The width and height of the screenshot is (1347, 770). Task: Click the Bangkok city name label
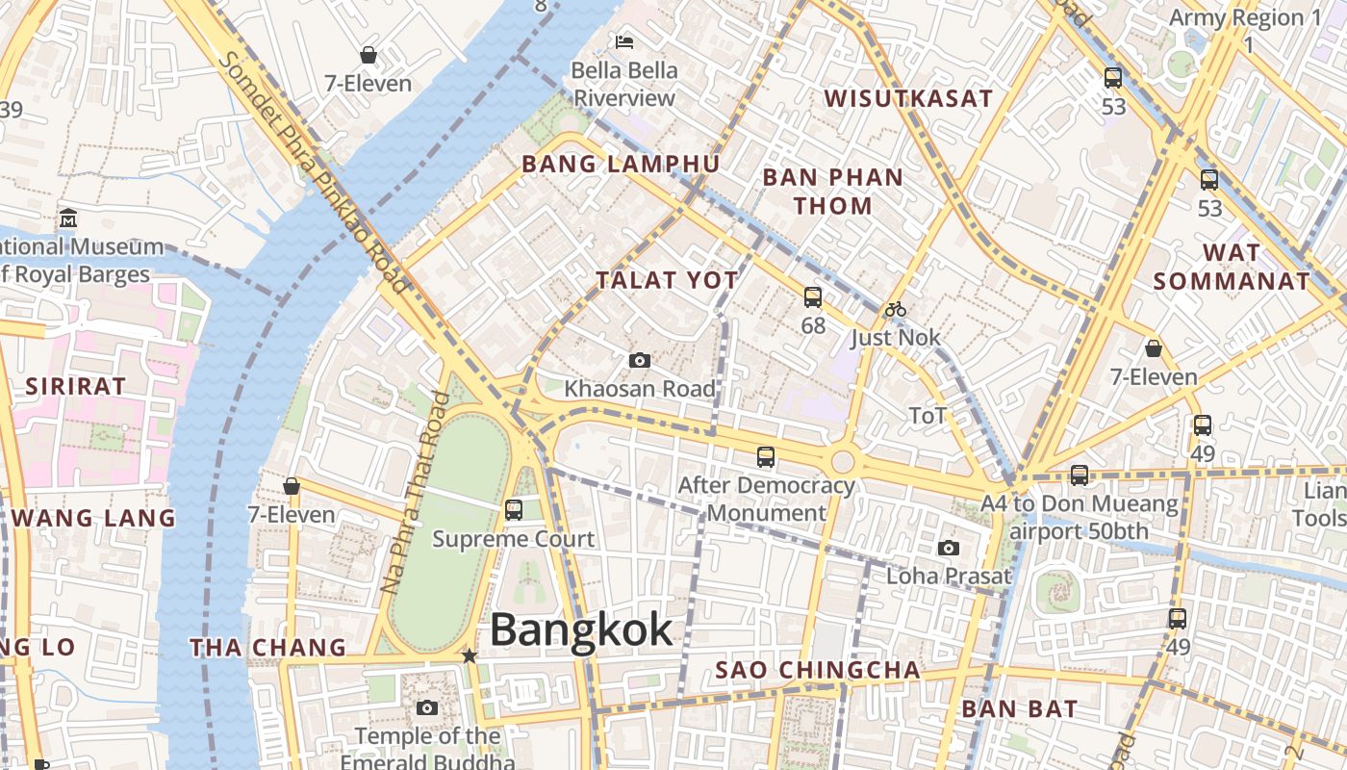coord(581,630)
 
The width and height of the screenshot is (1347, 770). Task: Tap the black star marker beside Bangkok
coord(469,655)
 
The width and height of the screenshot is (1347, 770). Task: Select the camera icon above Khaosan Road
coord(639,361)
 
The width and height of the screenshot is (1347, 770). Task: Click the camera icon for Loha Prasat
coord(949,549)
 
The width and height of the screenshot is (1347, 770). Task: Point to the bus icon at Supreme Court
coord(514,509)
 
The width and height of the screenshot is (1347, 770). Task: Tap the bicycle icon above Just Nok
coord(896,309)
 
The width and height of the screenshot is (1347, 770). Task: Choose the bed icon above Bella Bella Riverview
coord(624,42)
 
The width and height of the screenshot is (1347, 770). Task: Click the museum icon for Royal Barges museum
coord(67,218)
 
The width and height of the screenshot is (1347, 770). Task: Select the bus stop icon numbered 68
coord(813,297)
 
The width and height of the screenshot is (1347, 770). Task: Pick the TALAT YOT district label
coord(667,281)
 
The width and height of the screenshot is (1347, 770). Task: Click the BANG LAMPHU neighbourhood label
coord(621,165)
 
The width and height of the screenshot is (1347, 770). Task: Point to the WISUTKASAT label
coord(908,98)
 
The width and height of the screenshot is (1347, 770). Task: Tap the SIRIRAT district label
coord(75,387)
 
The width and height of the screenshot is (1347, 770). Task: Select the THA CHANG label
coord(267,648)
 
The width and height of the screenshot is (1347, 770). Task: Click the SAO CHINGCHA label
coord(818,670)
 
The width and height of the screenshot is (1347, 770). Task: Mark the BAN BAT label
coord(1020,709)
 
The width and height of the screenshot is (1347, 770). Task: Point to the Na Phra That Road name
coord(416,491)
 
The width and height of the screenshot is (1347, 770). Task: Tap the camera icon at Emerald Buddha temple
coord(427,708)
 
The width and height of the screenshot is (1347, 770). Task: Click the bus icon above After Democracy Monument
coord(766,457)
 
